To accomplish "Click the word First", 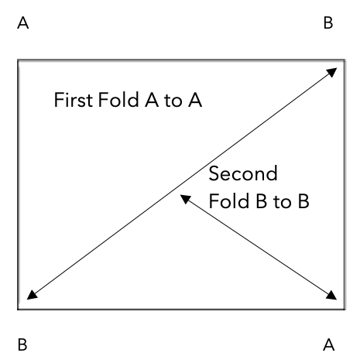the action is pyautogui.click(x=74, y=100).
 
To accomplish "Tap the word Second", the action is pyautogui.click(x=243, y=173).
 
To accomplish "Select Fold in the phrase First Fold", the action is pyautogui.click(x=118, y=100).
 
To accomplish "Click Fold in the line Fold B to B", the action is pyautogui.click(x=229, y=200).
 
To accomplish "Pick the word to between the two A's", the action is pyautogui.click(x=173, y=101).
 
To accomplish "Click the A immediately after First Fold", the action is pyautogui.click(x=152, y=100).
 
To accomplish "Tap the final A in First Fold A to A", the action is pyautogui.click(x=195, y=100).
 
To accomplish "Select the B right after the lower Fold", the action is pyautogui.click(x=261, y=201).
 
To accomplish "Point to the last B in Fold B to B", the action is pyautogui.click(x=303, y=201).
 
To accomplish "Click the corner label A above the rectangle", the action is pyautogui.click(x=23, y=22).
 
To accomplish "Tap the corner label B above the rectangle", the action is pyautogui.click(x=328, y=22).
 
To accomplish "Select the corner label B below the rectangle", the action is pyautogui.click(x=22, y=344).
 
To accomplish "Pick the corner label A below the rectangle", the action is pyautogui.click(x=329, y=344).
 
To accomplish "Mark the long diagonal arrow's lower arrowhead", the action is pyautogui.click(x=32, y=296).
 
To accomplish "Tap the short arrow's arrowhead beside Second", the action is pyautogui.click(x=185, y=199).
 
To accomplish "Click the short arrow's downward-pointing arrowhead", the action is pyautogui.click(x=332, y=296).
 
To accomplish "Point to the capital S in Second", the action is pyautogui.click(x=214, y=173).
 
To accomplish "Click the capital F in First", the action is pyautogui.click(x=59, y=100).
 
